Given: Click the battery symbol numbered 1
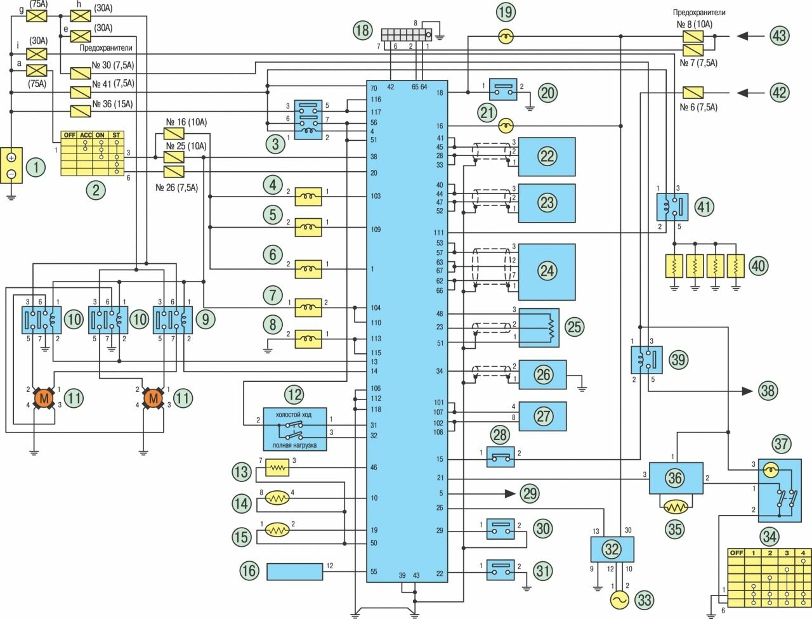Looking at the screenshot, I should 11,166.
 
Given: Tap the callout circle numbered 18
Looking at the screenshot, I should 363,30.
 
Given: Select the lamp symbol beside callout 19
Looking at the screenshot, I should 506,37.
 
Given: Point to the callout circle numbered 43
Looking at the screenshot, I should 779,36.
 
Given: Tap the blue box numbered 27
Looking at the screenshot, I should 543,416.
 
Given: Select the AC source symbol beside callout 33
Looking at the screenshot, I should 618,599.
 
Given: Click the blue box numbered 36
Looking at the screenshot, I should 676,478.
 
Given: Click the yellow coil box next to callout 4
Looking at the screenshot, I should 309,198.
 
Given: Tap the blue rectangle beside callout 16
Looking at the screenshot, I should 294,571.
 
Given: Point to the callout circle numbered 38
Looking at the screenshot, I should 768,390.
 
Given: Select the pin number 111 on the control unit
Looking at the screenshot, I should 439,233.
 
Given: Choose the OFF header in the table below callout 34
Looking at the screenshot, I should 736,553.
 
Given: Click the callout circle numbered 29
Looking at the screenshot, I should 528,493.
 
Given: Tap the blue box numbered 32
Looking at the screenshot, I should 612,549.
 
